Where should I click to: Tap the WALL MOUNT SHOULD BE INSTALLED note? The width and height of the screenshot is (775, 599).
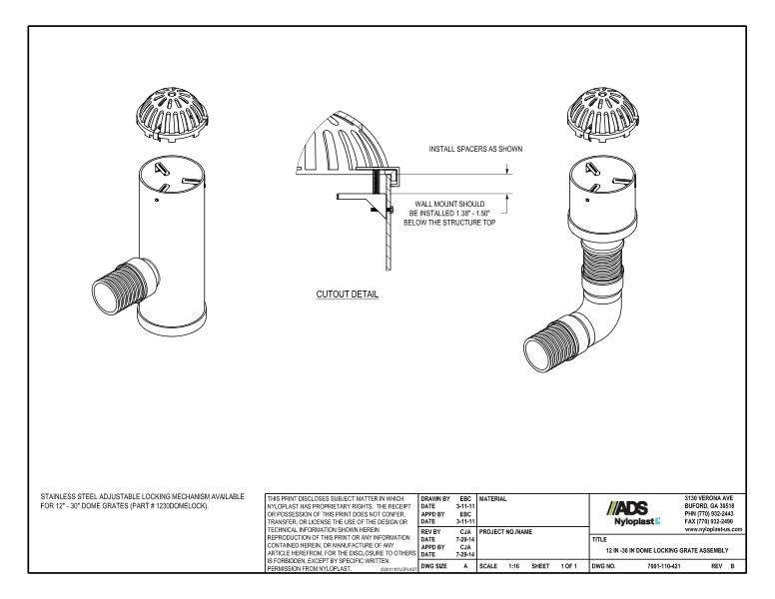pyautogui.click(x=449, y=213)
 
